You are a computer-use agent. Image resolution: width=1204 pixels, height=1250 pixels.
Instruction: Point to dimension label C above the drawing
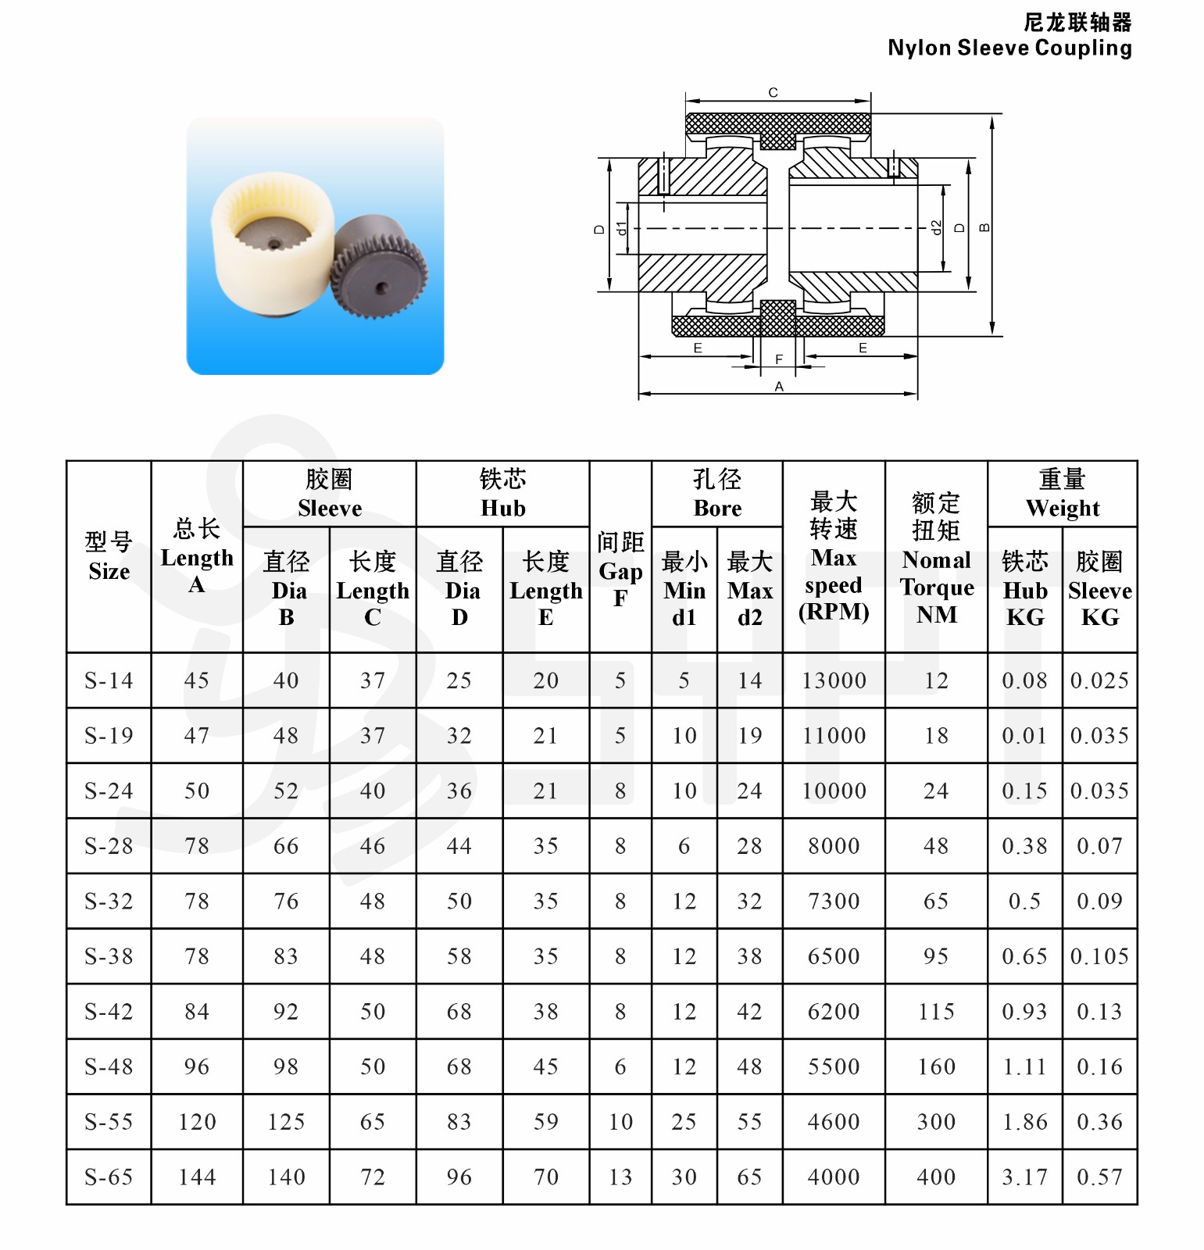click(x=773, y=93)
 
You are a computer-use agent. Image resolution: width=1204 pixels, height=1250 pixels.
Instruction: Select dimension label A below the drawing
click(x=778, y=387)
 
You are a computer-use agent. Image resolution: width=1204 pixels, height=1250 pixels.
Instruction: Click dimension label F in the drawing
click(x=778, y=359)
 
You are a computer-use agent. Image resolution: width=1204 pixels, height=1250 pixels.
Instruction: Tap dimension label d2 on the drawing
click(x=936, y=227)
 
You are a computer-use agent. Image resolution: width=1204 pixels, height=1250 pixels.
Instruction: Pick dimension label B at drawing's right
click(x=984, y=227)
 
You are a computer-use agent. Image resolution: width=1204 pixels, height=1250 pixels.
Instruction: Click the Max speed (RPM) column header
click(x=834, y=556)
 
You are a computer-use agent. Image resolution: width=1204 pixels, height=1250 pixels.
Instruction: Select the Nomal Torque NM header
click(x=936, y=558)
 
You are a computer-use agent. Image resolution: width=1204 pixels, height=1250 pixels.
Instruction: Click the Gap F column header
click(x=620, y=570)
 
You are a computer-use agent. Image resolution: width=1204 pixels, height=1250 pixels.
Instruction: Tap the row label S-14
click(x=109, y=680)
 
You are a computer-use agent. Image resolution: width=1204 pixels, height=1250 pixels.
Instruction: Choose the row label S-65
click(x=109, y=1177)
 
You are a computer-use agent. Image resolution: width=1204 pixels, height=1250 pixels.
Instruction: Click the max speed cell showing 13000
click(x=834, y=680)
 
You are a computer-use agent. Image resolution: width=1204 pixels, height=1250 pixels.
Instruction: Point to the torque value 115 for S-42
click(x=936, y=1012)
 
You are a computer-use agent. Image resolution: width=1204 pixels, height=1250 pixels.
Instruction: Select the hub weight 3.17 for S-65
click(x=1024, y=1177)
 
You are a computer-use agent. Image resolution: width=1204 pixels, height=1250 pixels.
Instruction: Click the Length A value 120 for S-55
click(x=197, y=1122)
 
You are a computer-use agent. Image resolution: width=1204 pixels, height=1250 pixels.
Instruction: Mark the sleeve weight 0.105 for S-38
click(x=1099, y=956)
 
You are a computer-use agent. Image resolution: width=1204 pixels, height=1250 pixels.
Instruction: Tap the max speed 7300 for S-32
click(x=834, y=902)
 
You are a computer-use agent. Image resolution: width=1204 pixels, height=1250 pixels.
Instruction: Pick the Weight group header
click(x=1062, y=494)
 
